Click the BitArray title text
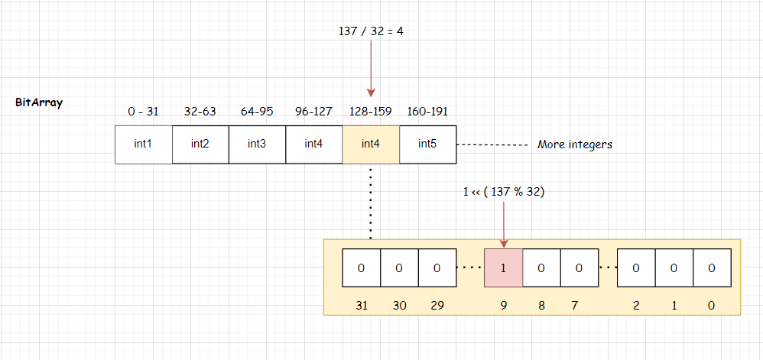coord(39,102)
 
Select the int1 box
coord(143,144)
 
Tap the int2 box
coord(200,144)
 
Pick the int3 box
coord(257,144)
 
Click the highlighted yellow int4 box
coord(371,144)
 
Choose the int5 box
coord(427,144)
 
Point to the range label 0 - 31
coord(143,112)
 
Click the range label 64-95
coord(257,112)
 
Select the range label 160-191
coord(428,112)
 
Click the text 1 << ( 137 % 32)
coord(504,192)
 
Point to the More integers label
coord(575,144)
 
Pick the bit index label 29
coord(437,306)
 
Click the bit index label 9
coord(504,306)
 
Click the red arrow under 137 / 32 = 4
coord(371,69)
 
